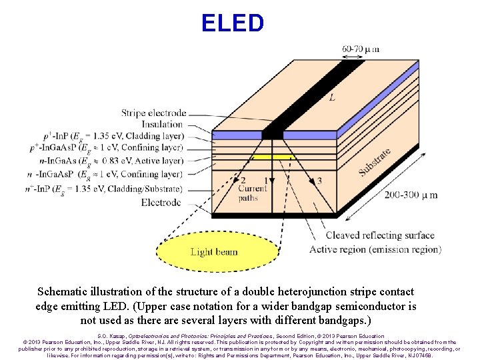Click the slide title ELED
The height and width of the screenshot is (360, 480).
click(x=233, y=23)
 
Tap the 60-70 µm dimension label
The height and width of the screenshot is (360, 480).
click(x=361, y=49)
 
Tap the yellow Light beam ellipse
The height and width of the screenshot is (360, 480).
click(x=217, y=251)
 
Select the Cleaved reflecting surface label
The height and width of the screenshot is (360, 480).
click(x=379, y=235)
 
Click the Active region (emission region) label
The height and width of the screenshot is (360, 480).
click(x=375, y=249)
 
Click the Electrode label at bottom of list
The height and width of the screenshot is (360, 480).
click(x=161, y=201)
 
